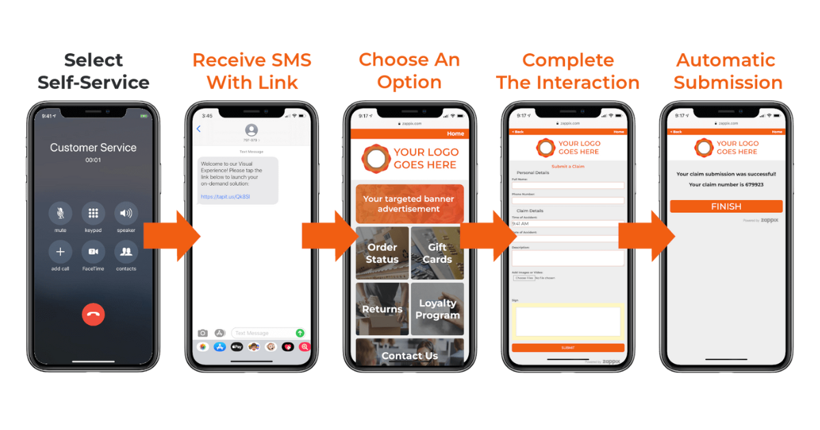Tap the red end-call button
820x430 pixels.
pyautogui.click(x=94, y=314)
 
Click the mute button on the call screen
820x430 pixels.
pyautogui.click(x=60, y=214)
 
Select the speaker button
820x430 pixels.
pyautogui.click(x=126, y=214)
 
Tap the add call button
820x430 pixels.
pyautogui.click(x=60, y=252)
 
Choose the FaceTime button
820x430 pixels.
pyautogui.click(x=93, y=252)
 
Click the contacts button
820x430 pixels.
pyautogui.click(x=126, y=252)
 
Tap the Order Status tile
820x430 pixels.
pyautogui.click(x=382, y=253)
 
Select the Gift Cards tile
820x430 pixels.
pyautogui.click(x=437, y=253)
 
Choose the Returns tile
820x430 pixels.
pyautogui.click(x=382, y=309)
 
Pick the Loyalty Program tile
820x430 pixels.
pyautogui.click(x=437, y=309)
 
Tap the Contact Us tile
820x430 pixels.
pyautogui.click(x=409, y=355)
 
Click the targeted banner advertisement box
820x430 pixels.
pyautogui.click(x=409, y=203)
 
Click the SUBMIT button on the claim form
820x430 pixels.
pyautogui.click(x=568, y=347)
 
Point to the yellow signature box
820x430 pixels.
pyautogui.click(x=568, y=320)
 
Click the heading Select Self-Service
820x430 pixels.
pyautogui.click(x=94, y=71)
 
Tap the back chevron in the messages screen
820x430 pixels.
pyautogui.click(x=199, y=129)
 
